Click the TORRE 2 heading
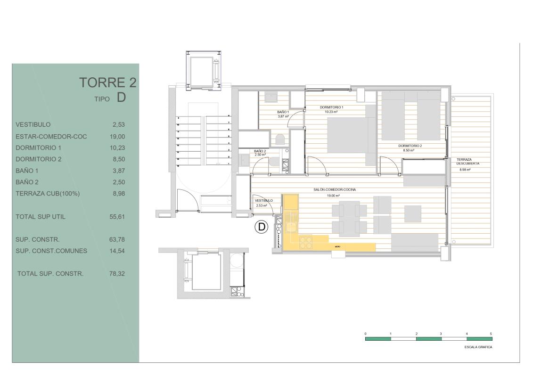tap(108, 82)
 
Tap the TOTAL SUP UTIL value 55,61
tap(116, 217)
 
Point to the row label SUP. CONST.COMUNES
tap(51, 251)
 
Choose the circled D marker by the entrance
tap(261, 227)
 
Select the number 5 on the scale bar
tap(491, 333)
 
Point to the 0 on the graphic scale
tap(366, 333)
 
